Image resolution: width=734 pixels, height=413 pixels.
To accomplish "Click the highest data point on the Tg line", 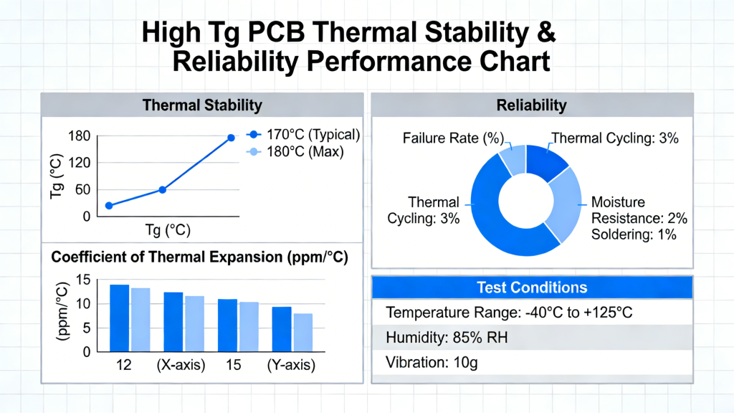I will point(231,138).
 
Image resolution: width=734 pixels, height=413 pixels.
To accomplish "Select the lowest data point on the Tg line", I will point(109,206).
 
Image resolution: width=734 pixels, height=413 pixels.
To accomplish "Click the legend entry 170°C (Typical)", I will point(302,135).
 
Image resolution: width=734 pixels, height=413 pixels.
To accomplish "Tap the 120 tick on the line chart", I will point(80,163).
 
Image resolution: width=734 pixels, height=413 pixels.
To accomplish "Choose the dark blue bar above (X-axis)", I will point(173,321).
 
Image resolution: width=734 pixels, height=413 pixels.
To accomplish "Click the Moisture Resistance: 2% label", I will point(639,210).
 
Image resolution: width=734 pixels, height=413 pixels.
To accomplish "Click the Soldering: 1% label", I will point(634,234).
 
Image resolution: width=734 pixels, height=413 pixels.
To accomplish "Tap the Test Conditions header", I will point(532,288).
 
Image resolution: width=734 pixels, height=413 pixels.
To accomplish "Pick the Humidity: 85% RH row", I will point(447,337).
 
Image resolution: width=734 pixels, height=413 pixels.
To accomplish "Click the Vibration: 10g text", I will point(432,362).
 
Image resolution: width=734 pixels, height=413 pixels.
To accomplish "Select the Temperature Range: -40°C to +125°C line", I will point(508,313).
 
